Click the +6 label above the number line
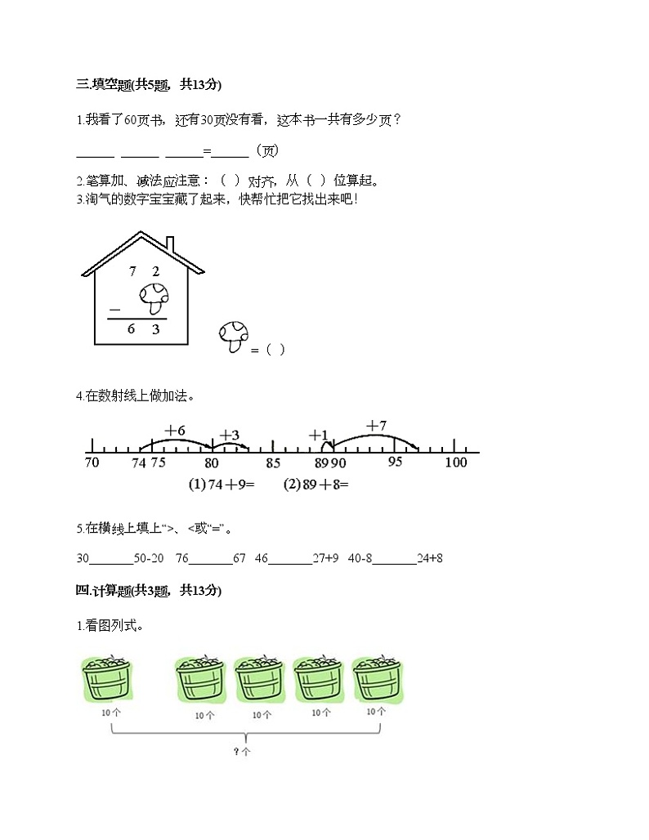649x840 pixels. click(x=175, y=430)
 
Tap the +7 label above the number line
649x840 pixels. click(x=376, y=425)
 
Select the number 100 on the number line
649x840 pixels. click(x=455, y=463)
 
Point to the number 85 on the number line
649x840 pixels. click(x=274, y=463)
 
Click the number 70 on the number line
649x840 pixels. click(x=92, y=463)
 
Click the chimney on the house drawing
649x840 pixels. click(x=170, y=244)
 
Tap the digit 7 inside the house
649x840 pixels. click(x=132, y=271)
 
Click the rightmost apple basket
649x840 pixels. click(x=377, y=679)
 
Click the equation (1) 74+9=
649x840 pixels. click(x=222, y=485)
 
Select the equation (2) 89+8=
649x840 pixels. click(x=316, y=485)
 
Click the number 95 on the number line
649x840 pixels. click(x=395, y=463)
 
